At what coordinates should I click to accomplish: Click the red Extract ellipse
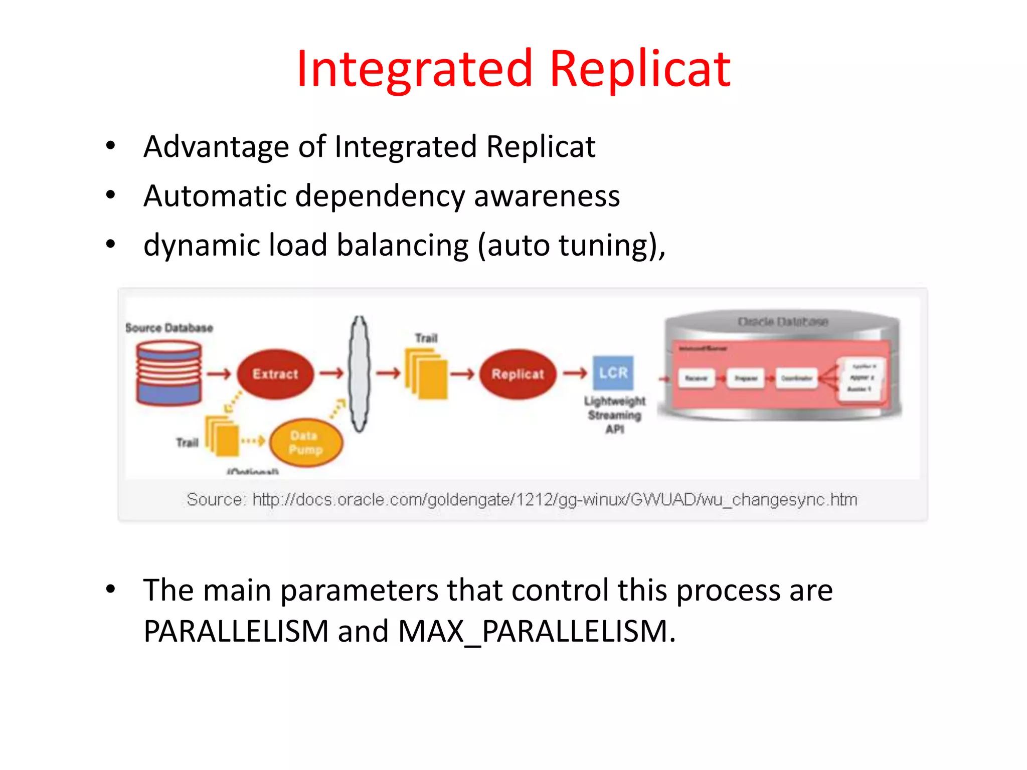[x=275, y=374]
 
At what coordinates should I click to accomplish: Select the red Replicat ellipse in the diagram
[x=518, y=374]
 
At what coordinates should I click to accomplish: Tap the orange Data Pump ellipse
[x=306, y=443]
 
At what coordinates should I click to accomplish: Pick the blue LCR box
[x=613, y=373]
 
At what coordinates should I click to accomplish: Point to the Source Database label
[x=169, y=328]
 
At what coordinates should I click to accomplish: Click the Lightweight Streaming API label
[x=614, y=415]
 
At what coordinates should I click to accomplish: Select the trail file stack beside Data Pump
[x=222, y=436]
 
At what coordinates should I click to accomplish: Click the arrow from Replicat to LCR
[x=575, y=373]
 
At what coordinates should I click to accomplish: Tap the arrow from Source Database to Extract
[x=219, y=374]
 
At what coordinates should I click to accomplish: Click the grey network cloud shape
[x=359, y=374]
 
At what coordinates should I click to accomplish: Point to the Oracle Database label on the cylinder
[x=782, y=321]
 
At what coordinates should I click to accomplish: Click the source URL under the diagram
[x=554, y=499]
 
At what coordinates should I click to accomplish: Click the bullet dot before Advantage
[x=111, y=146]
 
